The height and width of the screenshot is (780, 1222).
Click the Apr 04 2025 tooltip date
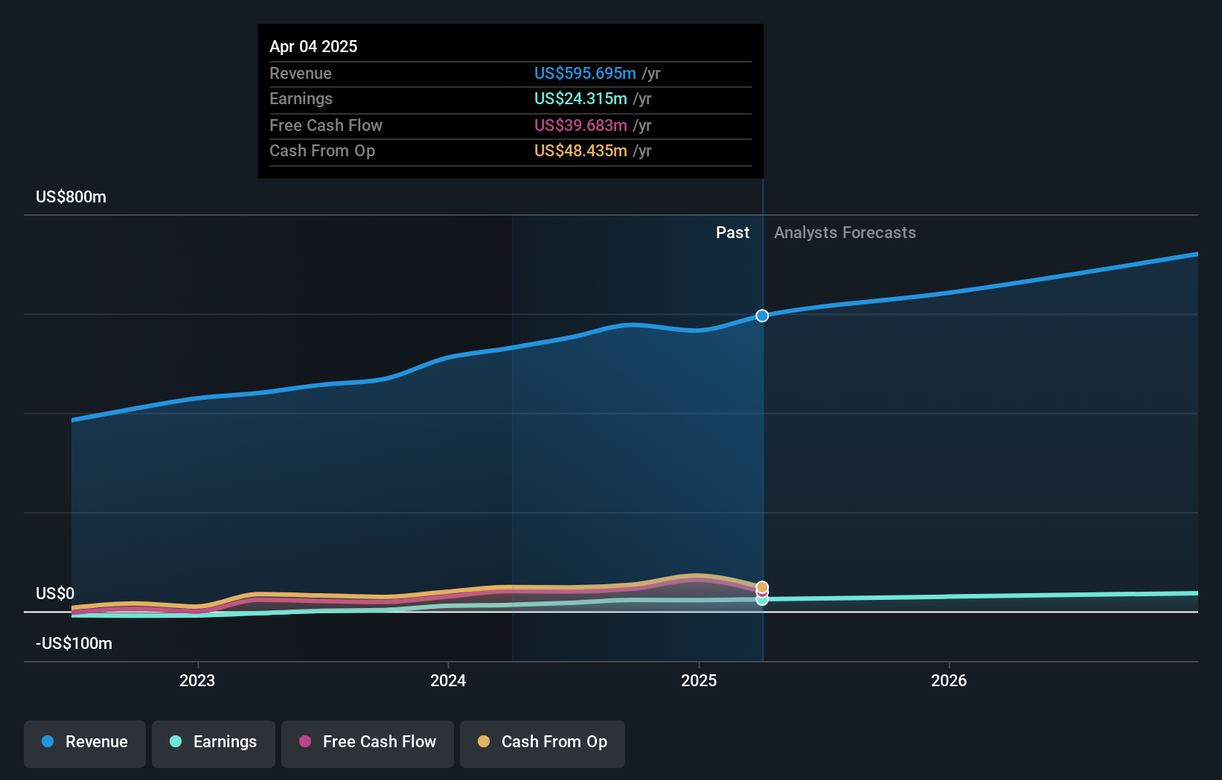(313, 46)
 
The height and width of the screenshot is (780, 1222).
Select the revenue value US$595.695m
(585, 73)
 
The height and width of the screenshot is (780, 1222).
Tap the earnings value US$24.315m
(580, 98)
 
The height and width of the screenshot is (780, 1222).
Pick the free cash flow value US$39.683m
(580, 125)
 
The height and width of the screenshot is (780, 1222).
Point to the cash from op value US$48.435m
(580, 150)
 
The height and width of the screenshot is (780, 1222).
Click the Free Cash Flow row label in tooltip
(326, 125)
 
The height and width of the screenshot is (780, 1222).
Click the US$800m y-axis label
(71, 197)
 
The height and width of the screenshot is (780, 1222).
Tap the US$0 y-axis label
(55, 593)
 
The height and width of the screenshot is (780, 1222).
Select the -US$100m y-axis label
(74, 643)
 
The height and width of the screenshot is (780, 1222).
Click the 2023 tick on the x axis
(197, 680)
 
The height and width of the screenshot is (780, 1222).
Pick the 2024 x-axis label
(448, 680)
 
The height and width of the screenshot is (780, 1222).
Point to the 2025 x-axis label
(699, 680)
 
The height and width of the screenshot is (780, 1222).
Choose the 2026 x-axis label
(949, 680)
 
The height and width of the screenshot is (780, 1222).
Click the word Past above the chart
(732, 233)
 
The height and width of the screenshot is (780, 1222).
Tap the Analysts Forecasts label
(845, 233)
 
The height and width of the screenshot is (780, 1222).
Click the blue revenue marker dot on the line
(762, 316)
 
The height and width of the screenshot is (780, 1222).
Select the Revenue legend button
(85, 742)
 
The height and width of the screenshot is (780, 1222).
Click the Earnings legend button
(214, 742)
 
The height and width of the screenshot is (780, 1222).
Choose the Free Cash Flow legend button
(368, 742)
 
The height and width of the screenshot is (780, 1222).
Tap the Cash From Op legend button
(543, 742)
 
